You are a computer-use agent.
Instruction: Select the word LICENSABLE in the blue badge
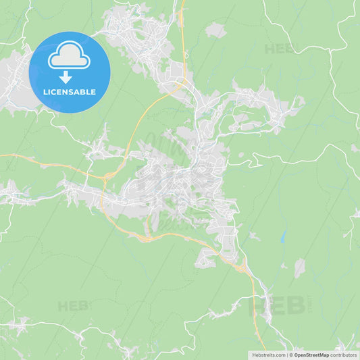70,92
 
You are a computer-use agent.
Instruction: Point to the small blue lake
283,236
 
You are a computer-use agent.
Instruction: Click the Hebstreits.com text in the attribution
268,354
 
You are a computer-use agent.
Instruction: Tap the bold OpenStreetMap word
311,354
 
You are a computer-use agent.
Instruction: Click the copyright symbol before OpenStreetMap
291,354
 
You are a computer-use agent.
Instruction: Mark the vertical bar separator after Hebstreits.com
286,354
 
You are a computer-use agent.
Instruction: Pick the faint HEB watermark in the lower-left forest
73,306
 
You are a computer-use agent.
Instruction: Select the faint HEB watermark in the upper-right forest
279,49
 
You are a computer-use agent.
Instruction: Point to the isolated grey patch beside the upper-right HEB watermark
216,30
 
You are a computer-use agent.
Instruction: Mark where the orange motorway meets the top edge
183,1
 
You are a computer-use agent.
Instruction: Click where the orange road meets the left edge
1,155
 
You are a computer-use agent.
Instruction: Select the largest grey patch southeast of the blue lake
299,267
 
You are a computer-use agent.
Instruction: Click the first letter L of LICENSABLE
45,92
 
